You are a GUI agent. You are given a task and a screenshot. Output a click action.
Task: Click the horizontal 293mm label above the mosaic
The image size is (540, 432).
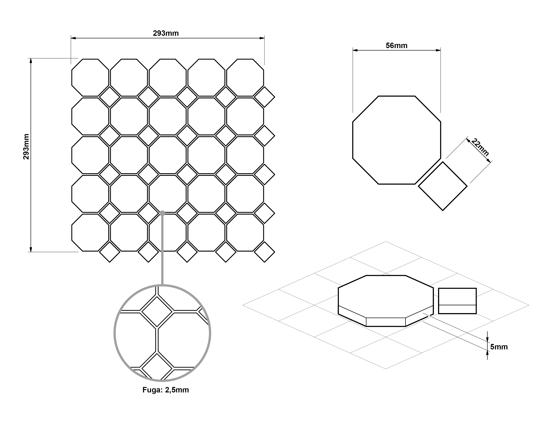pos(166,33)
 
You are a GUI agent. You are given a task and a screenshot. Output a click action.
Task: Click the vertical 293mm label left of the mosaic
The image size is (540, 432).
pos(26,147)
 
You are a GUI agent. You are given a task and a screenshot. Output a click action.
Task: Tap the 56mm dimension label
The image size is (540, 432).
pos(397,46)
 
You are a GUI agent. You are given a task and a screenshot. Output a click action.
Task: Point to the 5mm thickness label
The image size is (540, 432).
pos(499,347)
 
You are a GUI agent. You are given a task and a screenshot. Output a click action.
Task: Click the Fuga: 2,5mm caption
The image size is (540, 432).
pos(166,390)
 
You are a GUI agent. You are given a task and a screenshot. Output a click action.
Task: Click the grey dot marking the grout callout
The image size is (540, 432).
pos(162,213)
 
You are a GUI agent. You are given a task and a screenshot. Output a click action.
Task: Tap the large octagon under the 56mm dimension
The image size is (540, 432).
pos(397,140)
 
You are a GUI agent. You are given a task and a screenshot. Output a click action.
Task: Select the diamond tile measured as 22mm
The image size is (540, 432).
pos(443,186)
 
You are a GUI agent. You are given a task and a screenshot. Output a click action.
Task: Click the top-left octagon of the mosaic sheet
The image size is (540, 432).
pos(90,78)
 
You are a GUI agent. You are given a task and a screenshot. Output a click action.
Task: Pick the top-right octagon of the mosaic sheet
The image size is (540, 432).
pos(245,78)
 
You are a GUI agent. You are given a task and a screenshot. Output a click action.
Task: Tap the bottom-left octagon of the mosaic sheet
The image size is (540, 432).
pos(90,233)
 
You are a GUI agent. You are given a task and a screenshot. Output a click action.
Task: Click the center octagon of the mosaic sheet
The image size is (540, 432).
pos(168,155)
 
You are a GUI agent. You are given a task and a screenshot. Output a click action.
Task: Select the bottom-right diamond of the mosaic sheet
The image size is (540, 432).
pos(264,252)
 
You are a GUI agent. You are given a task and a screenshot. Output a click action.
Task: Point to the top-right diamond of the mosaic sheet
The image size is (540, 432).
pos(264,97)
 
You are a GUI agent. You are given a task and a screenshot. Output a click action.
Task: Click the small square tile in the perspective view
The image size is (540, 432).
pos(457,301)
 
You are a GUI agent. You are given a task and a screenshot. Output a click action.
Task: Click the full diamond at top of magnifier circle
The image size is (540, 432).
pos(157,312)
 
